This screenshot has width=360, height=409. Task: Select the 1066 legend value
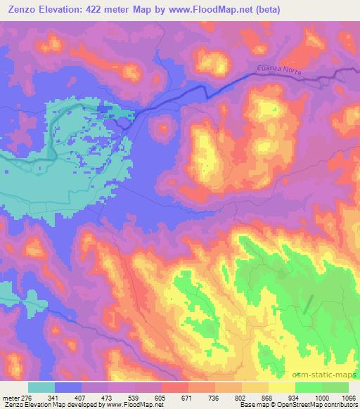347,397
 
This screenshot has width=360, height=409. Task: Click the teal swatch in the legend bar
41,387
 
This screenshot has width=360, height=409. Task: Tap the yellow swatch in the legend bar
282,387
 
